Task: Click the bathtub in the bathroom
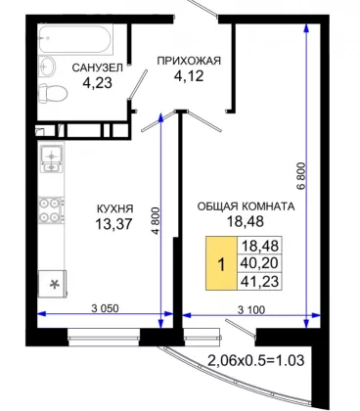(x=75, y=39)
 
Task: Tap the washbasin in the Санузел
(x=47, y=67)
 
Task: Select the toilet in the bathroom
(x=53, y=93)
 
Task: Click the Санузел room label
(x=97, y=68)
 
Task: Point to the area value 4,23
(x=97, y=83)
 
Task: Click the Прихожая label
(x=189, y=61)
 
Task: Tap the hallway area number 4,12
(x=189, y=76)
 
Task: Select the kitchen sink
(x=51, y=159)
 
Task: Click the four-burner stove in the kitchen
(x=51, y=210)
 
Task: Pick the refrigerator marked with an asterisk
(x=53, y=284)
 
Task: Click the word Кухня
(x=115, y=208)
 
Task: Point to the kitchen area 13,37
(x=113, y=224)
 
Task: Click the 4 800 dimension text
(x=157, y=220)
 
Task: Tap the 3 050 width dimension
(x=106, y=308)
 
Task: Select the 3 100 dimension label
(x=251, y=309)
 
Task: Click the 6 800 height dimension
(x=301, y=176)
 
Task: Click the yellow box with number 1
(x=221, y=263)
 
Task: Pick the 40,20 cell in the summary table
(x=260, y=263)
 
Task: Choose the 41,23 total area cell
(x=260, y=281)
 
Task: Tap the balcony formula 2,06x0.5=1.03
(x=256, y=360)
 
